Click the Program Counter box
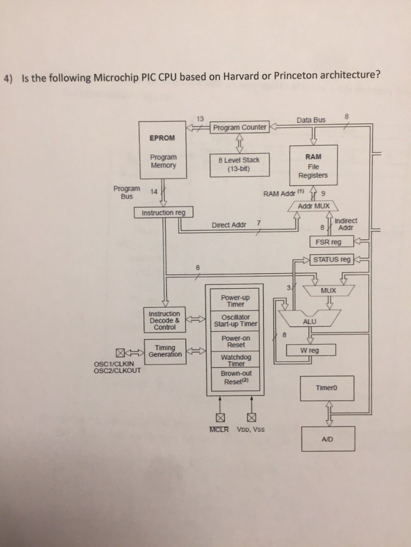point(239,127)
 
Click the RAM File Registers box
point(313,165)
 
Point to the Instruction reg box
point(163,213)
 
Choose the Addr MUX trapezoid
point(314,206)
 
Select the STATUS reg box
point(332,260)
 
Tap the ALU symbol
point(309,321)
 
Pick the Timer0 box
point(328,389)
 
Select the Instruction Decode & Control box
point(164,320)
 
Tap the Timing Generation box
point(165,351)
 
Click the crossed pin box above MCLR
point(219,417)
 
